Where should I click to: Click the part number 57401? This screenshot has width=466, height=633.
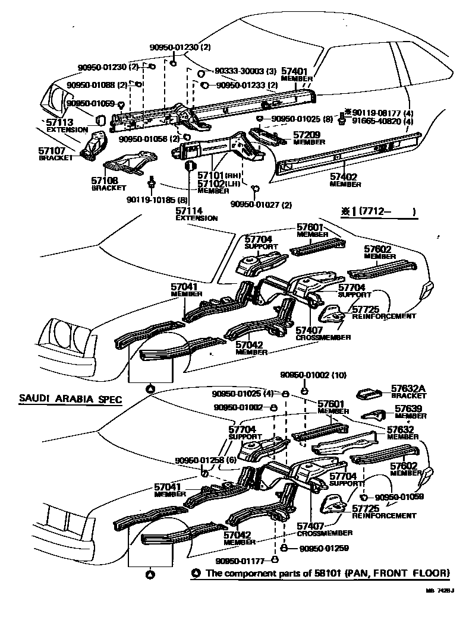(294, 71)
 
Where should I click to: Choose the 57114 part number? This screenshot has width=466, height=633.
(189, 211)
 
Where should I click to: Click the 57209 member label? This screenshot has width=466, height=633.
(307, 135)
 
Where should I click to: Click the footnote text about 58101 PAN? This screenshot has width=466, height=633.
(327, 574)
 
